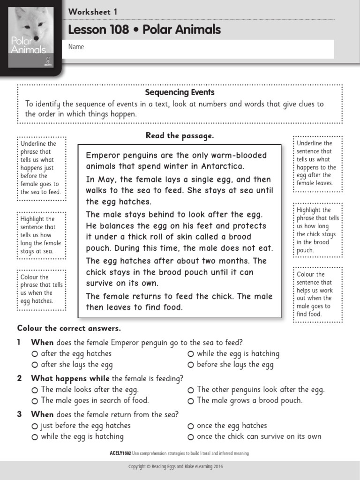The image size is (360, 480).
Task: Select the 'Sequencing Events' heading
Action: coord(180,92)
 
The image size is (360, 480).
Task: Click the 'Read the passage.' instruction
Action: coord(180,135)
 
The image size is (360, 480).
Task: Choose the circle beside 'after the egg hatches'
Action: coord(35,354)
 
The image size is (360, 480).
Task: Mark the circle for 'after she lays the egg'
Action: coord(35,365)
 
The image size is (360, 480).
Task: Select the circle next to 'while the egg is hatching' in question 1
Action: coord(191,354)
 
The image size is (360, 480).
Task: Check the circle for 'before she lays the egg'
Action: coord(191,365)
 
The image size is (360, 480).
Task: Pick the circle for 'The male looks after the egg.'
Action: coord(35,390)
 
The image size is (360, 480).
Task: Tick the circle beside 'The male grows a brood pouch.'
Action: coord(191,401)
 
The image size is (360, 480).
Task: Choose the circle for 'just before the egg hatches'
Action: coord(35,426)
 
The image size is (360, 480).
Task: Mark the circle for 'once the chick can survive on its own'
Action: coord(191,437)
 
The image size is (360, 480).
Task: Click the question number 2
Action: coord(19,378)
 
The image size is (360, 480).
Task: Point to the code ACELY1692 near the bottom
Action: coord(120,453)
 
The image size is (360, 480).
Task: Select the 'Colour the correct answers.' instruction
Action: coord(69,328)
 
